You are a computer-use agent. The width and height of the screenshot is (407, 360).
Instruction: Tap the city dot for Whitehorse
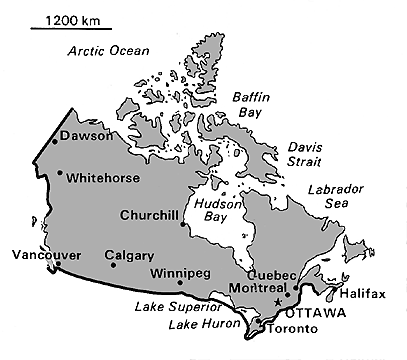coord(60,173)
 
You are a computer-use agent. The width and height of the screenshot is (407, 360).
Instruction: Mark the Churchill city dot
coord(182,224)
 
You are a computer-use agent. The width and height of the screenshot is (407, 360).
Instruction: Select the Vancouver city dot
coord(57,265)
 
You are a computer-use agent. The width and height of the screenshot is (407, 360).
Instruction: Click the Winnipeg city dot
coord(179,283)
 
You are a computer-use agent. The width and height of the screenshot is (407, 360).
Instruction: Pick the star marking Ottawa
coord(278,302)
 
